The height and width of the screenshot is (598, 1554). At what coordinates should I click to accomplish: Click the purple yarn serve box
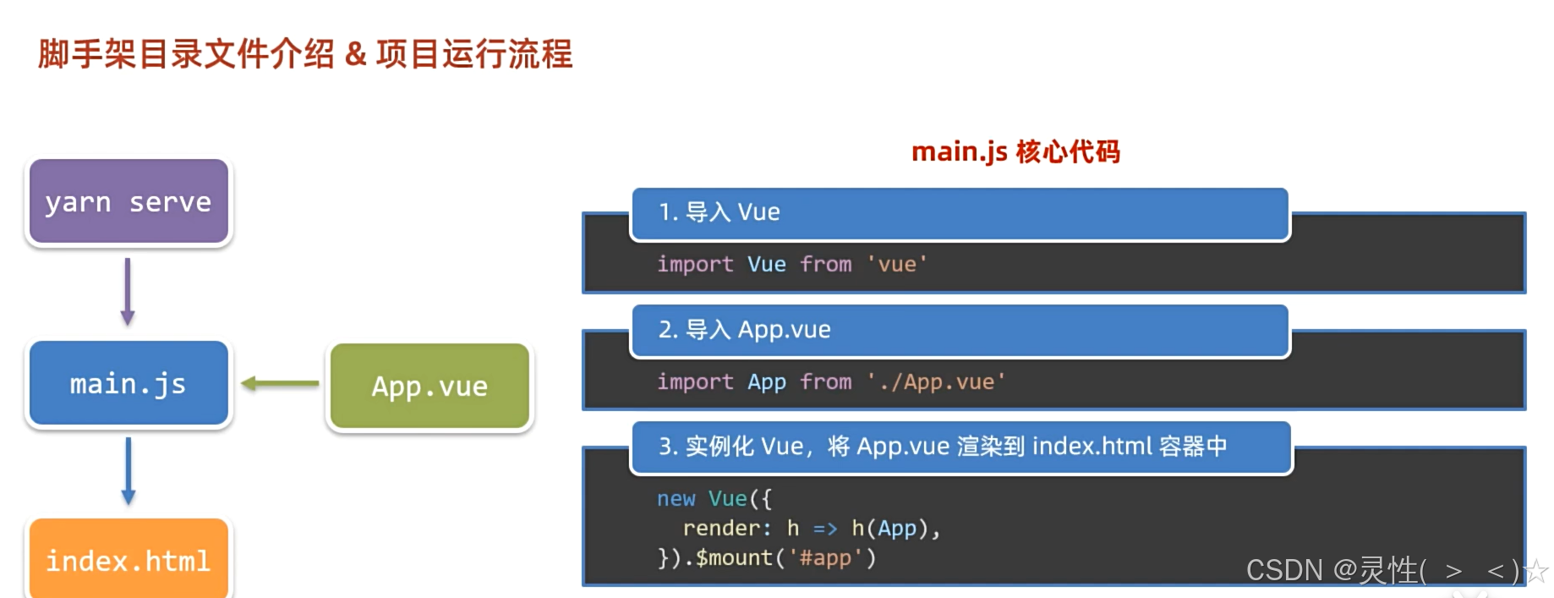(129, 202)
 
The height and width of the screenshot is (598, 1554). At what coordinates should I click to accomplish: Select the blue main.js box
(129, 384)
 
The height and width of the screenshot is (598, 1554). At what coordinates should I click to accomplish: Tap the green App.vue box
(430, 387)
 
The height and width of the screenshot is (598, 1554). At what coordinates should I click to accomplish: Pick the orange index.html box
(129, 560)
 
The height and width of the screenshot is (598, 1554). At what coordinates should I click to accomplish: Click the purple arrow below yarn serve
(128, 292)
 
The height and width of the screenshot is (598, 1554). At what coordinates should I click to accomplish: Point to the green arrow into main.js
(280, 384)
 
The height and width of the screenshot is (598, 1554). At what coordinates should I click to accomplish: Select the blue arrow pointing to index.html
(129, 471)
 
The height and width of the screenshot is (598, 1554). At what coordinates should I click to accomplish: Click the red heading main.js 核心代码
(1015, 152)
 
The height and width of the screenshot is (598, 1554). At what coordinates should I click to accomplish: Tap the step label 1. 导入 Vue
(720, 212)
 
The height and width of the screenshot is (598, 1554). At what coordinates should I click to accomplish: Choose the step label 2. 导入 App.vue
(745, 330)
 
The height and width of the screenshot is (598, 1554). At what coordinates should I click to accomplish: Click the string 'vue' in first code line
(897, 265)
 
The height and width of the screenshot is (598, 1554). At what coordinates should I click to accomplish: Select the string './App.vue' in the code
(936, 382)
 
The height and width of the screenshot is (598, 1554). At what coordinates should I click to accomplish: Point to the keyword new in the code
(676, 499)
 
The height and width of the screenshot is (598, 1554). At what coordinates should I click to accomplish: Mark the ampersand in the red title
(355, 55)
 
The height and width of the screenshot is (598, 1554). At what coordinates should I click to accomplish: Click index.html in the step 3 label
(1092, 447)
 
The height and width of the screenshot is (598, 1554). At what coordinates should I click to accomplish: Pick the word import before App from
(695, 382)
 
